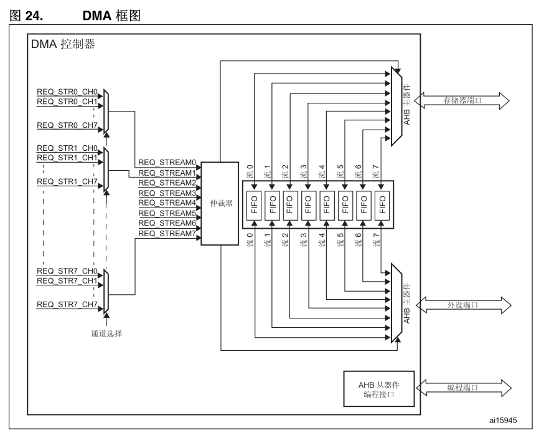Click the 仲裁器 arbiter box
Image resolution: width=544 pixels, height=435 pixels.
220,203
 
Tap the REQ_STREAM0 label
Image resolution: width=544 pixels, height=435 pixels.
167,163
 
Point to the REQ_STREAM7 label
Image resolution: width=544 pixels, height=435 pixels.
167,233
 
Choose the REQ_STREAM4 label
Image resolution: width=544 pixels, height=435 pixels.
167,203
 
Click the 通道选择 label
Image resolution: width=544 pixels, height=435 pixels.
106,333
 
